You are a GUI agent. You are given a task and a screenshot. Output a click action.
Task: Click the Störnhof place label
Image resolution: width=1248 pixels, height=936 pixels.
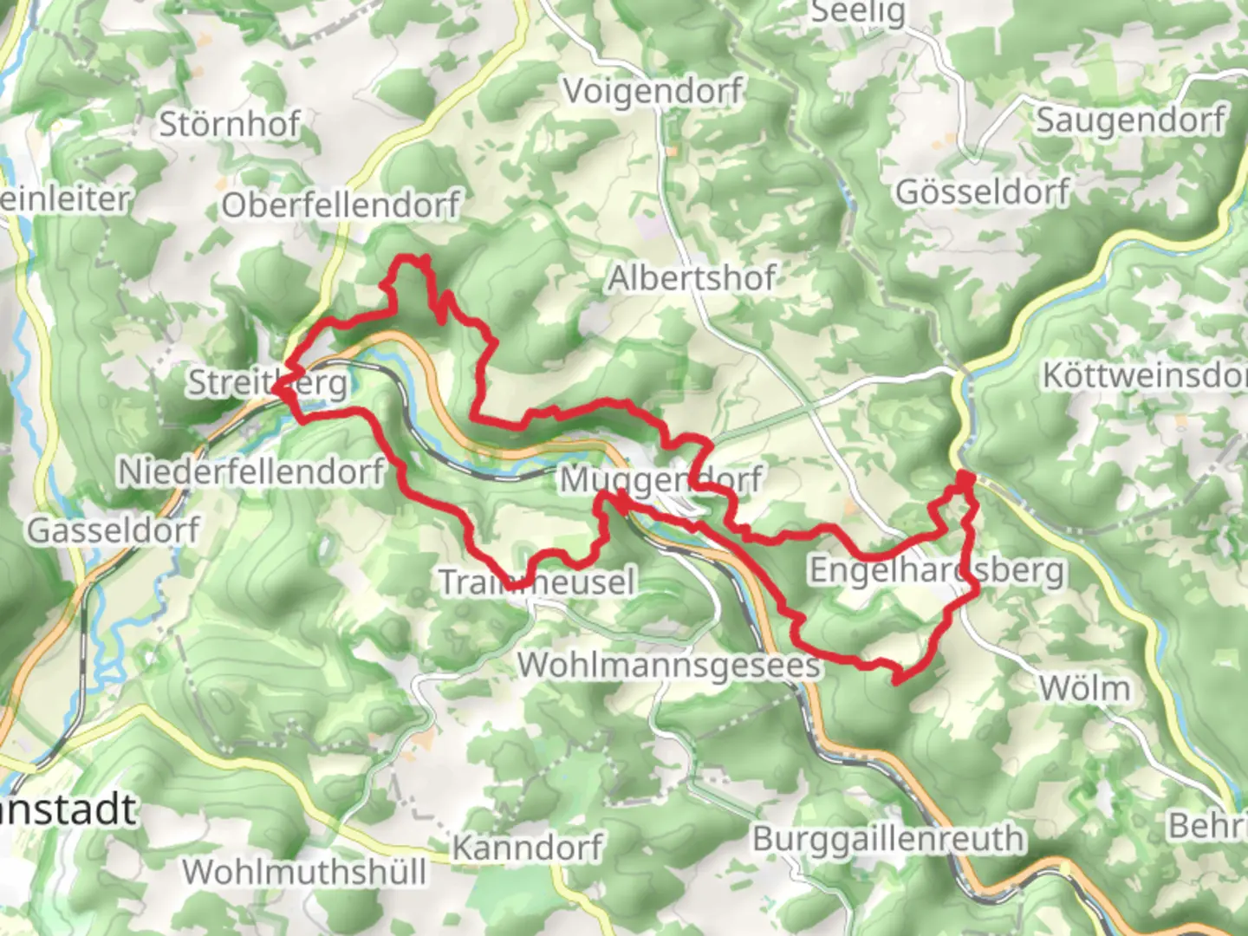click(229, 125)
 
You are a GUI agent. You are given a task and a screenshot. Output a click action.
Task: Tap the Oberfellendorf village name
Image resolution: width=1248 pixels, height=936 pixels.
click(341, 205)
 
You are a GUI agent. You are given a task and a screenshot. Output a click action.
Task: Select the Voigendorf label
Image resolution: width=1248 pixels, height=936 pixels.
click(653, 91)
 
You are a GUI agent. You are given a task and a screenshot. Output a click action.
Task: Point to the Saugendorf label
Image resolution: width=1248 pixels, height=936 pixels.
click(1131, 120)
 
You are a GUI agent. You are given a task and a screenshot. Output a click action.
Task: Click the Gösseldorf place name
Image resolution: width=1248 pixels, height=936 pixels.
click(982, 192)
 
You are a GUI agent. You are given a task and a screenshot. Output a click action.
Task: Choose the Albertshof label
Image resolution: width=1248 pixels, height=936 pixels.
click(692, 278)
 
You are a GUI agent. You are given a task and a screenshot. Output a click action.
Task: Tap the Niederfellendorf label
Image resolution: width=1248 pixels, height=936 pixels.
click(250, 472)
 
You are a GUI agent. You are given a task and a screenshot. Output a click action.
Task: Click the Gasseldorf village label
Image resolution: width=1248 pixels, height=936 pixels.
click(114, 530)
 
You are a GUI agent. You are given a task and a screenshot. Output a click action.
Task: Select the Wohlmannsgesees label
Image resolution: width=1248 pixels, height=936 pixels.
click(668, 666)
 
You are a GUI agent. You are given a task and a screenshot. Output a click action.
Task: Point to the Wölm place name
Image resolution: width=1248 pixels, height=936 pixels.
click(1084, 689)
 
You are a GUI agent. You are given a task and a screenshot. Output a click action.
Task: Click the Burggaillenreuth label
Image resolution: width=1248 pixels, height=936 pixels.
click(887, 839)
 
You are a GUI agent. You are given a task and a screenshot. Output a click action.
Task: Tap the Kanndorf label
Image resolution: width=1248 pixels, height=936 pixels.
click(527, 847)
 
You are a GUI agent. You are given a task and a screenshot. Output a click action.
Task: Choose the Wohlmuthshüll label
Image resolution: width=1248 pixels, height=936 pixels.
click(304, 872)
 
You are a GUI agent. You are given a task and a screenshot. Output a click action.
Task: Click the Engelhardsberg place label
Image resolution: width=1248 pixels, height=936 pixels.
click(936, 570)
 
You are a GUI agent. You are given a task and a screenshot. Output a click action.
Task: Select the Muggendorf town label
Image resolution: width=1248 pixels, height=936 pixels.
click(660, 479)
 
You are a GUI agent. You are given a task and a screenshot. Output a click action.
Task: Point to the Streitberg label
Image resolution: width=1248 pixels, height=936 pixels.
click(268, 382)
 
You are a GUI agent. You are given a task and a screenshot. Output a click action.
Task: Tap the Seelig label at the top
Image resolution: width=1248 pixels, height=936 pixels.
click(857, 12)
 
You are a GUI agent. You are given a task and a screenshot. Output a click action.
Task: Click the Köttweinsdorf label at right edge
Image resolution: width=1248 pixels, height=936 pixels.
click(1144, 375)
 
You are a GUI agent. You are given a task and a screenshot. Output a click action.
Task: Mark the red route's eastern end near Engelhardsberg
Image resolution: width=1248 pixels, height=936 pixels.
click(965, 478)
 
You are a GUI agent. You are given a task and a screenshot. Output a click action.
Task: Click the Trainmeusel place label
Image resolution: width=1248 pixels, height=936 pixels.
click(537, 582)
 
